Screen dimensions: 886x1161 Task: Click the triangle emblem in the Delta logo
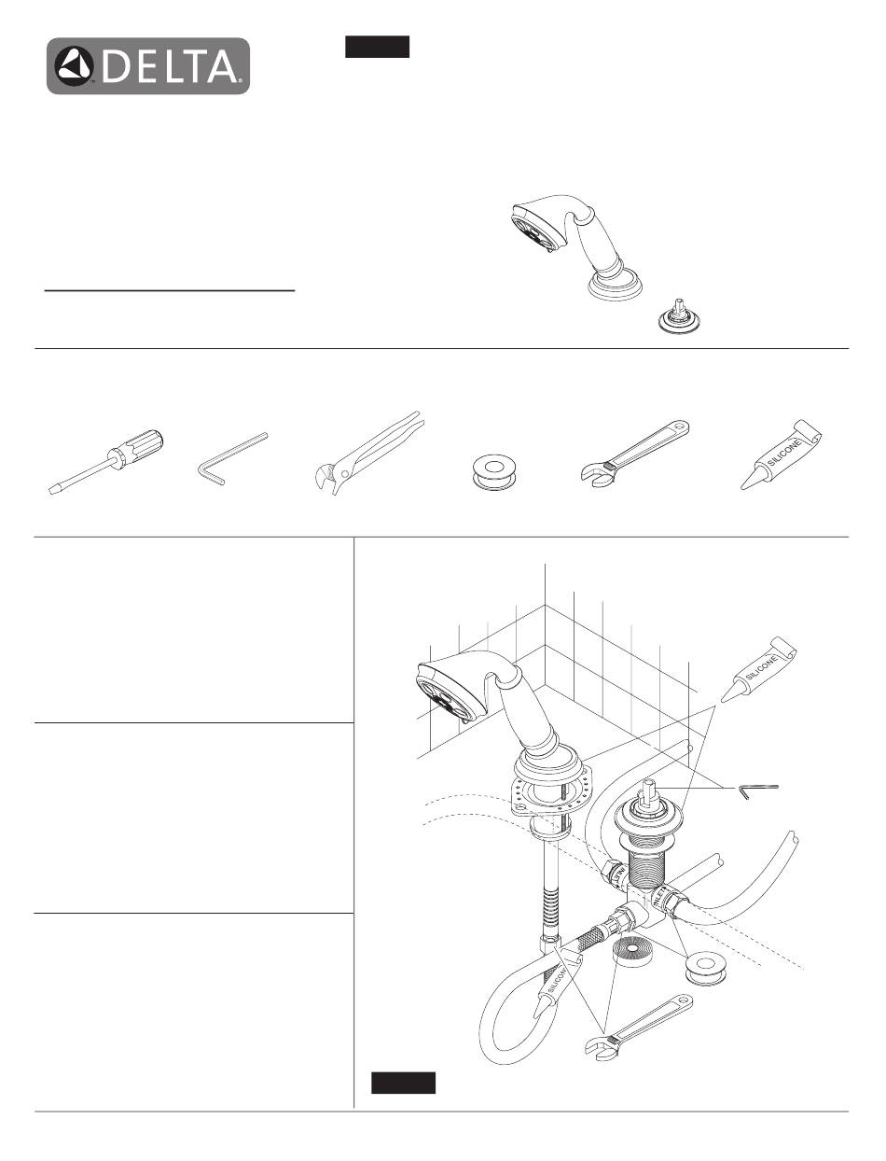(x=75, y=66)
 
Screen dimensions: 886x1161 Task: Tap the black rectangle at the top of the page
(x=377, y=47)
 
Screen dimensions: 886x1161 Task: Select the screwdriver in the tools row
(x=106, y=462)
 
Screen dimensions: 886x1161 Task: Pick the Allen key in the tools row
(x=232, y=458)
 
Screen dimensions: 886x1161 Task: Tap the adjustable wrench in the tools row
(x=635, y=453)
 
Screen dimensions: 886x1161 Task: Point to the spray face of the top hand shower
(x=531, y=231)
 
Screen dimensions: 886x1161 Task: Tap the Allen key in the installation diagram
(x=757, y=791)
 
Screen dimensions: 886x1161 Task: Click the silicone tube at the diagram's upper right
(x=758, y=669)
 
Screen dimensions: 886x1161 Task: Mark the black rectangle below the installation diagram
(x=404, y=1083)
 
